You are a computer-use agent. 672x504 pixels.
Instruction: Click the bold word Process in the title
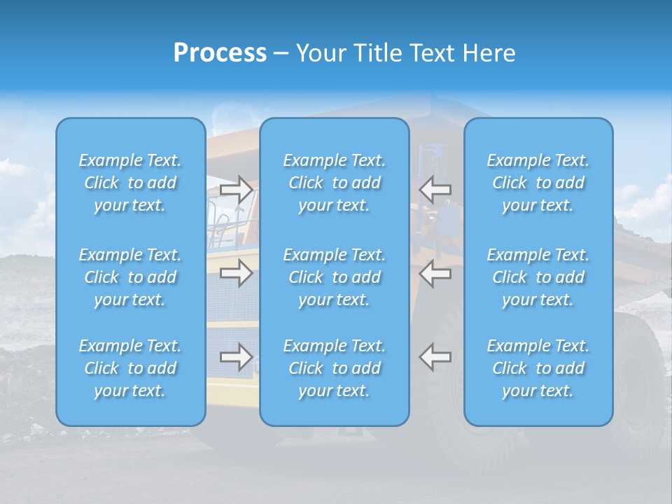click(220, 53)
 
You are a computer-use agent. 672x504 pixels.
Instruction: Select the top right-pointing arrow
click(237, 189)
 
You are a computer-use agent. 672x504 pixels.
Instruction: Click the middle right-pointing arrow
click(237, 273)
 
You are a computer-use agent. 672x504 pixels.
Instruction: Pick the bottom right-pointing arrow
click(237, 357)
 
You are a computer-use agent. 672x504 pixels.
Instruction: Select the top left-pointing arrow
click(435, 189)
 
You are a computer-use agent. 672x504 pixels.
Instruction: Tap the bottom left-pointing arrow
click(435, 357)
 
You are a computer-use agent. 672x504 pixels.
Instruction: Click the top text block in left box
click(130, 183)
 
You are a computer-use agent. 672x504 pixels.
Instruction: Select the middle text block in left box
click(130, 277)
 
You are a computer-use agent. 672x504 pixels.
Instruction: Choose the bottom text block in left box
click(130, 368)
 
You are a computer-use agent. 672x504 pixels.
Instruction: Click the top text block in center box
click(335, 183)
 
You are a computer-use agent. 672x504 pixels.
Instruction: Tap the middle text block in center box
click(335, 277)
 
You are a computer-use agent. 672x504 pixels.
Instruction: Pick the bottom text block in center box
click(335, 368)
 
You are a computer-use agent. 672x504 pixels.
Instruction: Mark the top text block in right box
click(538, 183)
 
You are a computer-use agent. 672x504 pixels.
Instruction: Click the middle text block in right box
click(538, 277)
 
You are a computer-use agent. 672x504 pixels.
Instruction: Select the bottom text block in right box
click(538, 368)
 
